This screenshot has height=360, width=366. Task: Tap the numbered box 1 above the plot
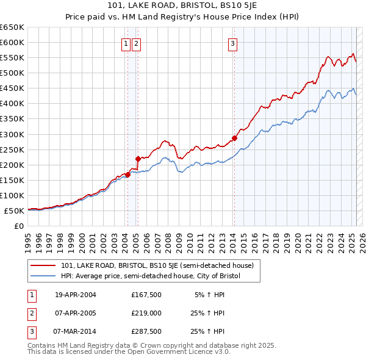126,43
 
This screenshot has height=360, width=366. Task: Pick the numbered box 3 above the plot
233,43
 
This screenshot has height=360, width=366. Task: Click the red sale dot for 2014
234,138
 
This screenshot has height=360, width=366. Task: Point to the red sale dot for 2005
138,159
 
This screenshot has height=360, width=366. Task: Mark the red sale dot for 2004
127,175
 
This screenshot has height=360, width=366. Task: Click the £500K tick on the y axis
13,73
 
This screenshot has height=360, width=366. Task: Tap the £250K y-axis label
13,149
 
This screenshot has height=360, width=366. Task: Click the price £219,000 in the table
146,314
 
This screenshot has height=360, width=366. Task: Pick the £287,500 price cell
146,332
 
